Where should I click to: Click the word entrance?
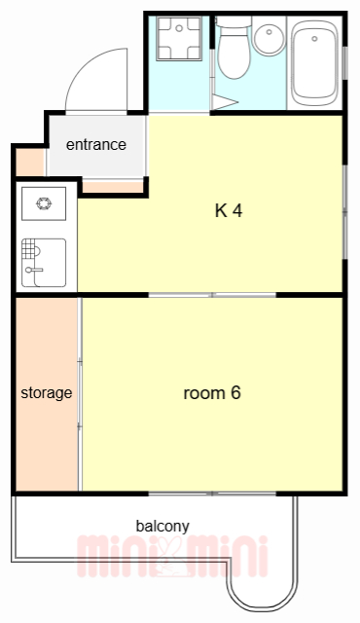coord(96,145)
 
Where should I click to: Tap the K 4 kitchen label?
coord(229,210)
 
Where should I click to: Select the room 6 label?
coord(212,393)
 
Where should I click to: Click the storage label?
coord(47,393)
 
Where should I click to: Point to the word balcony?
coord(162,526)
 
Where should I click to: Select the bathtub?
coord(314,62)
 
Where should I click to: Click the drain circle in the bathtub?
coord(314,39)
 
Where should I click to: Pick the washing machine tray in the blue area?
coord(179,39)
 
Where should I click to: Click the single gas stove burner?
coord(44,203)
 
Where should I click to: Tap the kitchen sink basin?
coord(44,263)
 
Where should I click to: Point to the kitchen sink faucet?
coord(33,270)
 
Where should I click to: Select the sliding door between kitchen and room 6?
coord(212,295)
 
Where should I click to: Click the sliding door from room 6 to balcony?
coord(212,494)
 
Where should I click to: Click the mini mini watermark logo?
coord(172,556)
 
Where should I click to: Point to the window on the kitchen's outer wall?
coord(344,212)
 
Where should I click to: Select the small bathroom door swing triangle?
coord(224,101)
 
